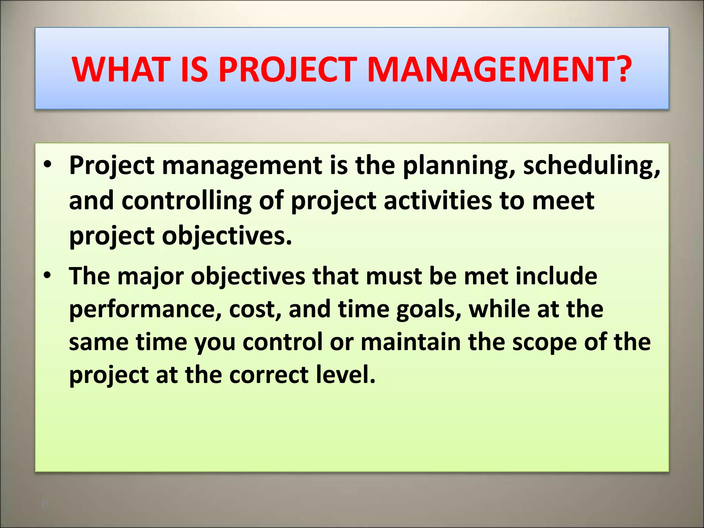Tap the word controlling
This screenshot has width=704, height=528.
187,201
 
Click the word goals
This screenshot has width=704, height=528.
428,310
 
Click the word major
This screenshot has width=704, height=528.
151,277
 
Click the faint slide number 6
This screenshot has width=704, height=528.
45,504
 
